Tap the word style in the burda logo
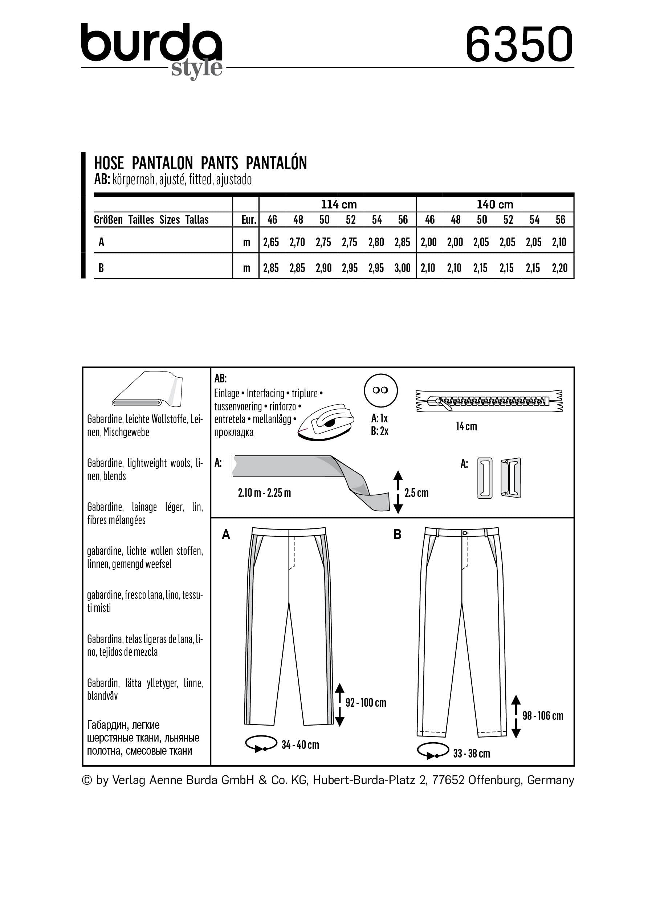coord(196,68)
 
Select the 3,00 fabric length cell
coord(402,268)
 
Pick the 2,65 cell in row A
coord(271,242)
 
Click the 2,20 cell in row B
coord(559,268)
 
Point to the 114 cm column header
coord(338,204)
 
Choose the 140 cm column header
coord(495,204)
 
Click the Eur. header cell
coord(249,220)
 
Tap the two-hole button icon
coord(380,390)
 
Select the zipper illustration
coord(489,401)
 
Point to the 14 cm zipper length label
coord(466,427)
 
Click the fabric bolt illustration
coord(147,390)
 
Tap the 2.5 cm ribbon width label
coord(416,493)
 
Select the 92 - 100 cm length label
coord(365,703)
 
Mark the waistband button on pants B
coord(465,533)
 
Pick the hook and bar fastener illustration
coord(499,478)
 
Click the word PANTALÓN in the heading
coord(276,163)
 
